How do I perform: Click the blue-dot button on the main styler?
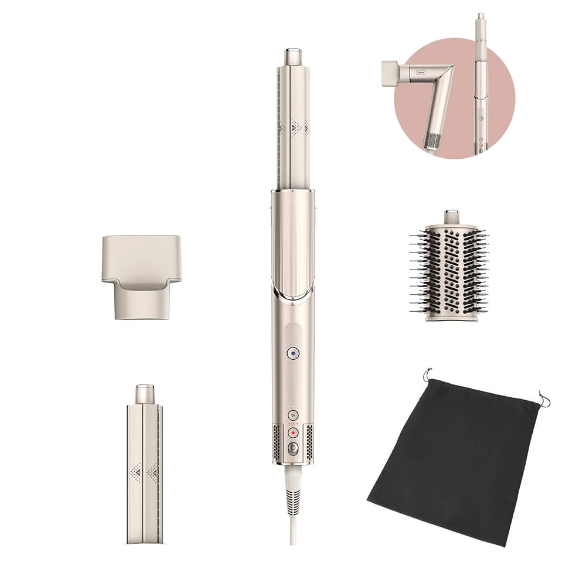coord(293,353)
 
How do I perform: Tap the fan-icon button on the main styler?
coord(293,415)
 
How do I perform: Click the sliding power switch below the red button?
coord(293,448)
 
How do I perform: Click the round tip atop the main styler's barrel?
coord(293,57)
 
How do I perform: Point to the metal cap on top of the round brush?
coord(451,217)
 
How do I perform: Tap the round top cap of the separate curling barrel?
coord(145,394)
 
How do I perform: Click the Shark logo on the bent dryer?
coord(421,72)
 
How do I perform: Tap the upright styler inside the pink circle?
coord(480,88)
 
